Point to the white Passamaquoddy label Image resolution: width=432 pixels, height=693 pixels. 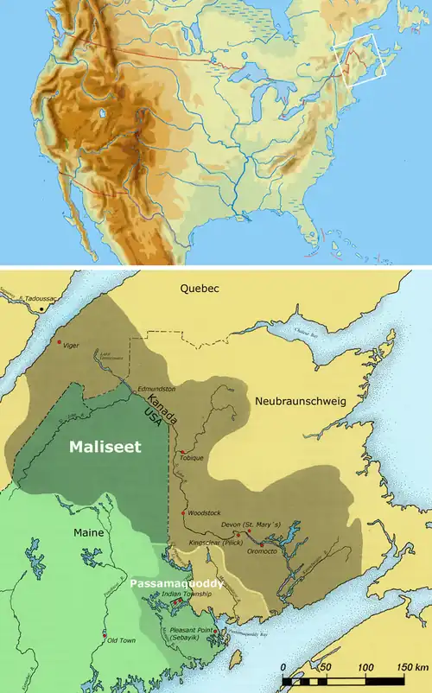click(x=176, y=583)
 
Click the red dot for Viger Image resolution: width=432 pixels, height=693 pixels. click(x=59, y=343)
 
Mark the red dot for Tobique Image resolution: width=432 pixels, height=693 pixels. click(x=182, y=452)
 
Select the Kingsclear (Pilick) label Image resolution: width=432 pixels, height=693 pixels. click(x=214, y=544)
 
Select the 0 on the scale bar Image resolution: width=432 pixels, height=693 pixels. click(x=284, y=668)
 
